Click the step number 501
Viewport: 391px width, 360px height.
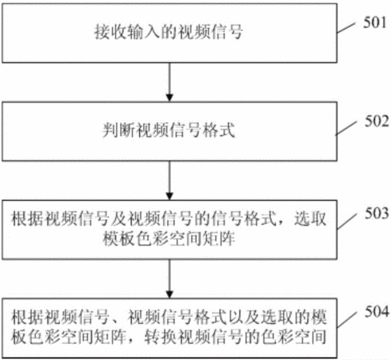[x=374, y=22]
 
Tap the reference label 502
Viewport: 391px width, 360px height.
[x=377, y=122]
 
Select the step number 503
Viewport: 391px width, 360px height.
[x=377, y=214]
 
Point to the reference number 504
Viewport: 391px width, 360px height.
[x=377, y=311]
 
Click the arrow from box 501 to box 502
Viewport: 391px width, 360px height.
[x=170, y=82]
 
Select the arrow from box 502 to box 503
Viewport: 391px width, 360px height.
[x=170, y=181]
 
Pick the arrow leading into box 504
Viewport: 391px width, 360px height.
[x=170, y=278]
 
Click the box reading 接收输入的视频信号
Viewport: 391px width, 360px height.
[x=170, y=33]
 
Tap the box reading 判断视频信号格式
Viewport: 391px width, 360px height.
[x=170, y=131]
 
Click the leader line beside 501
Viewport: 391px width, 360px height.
[x=346, y=28]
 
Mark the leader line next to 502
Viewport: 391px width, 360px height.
[x=345, y=128]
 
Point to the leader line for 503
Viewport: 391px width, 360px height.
[x=347, y=221]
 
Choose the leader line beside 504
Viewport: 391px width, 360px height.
[x=347, y=319]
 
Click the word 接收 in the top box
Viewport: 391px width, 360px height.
[x=110, y=32]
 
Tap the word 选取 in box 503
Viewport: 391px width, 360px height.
[x=310, y=219]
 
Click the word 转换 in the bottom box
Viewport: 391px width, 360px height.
[x=161, y=337]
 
